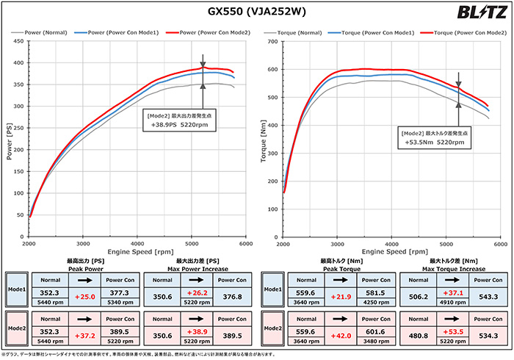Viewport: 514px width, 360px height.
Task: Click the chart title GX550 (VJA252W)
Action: click(256, 12)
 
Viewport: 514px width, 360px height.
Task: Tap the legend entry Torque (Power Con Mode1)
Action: click(375, 32)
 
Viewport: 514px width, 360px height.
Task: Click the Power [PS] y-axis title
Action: click(9, 141)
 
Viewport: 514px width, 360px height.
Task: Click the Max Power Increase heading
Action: click(194, 264)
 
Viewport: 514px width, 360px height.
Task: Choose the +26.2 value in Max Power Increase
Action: click(194, 295)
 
